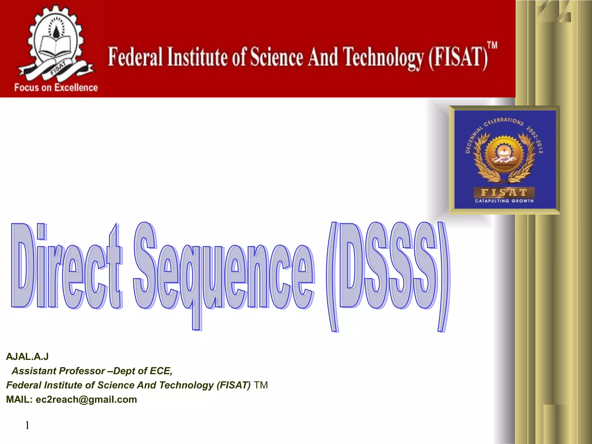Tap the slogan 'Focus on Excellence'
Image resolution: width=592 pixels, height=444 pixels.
click(56, 88)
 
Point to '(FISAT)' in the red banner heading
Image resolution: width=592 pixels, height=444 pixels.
click(458, 58)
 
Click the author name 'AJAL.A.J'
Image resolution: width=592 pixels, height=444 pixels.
click(27, 357)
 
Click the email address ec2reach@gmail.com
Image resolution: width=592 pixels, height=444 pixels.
click(86, 399)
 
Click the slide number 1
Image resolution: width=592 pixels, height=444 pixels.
click(27, 425)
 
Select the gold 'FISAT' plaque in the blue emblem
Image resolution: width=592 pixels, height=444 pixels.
click(504, 193)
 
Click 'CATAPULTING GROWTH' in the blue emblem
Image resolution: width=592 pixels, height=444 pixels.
click(504, 201)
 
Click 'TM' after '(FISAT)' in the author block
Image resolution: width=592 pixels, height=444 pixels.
click(261, 385)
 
